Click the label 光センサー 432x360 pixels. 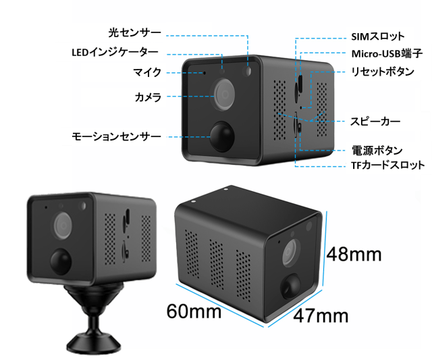pos(134,33)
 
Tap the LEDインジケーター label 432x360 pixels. pos(115,52)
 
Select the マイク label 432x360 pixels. pos(147,72)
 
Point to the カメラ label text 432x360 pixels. pos(148,97)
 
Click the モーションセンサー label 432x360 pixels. pos(116,136)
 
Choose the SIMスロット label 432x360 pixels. pos(378,36)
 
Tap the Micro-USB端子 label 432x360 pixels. pos(387,54)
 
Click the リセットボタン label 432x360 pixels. pos(383,72)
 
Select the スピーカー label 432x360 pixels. pos(375,122)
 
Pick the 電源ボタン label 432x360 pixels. pos(377,151)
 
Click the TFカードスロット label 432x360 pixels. pos(387,165)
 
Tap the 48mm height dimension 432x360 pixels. pos(354,254)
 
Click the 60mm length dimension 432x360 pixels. pos(194,311)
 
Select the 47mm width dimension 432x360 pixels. pos(321,316)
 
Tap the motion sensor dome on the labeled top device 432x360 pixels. pos(222,136)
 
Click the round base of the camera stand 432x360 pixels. pos(94,344)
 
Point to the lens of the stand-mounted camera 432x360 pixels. pos(63,225)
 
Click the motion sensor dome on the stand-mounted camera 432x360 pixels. pos(61,261)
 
